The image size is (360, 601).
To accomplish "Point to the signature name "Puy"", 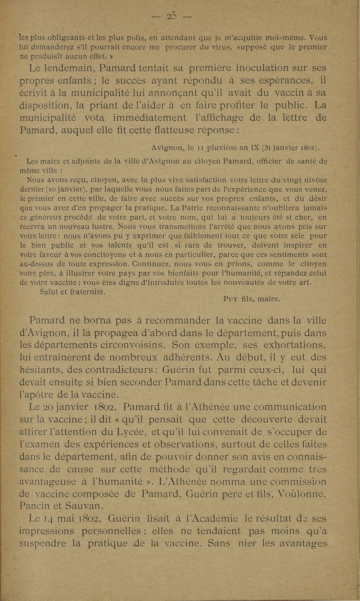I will pyautogui.click(x=232, y=298).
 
